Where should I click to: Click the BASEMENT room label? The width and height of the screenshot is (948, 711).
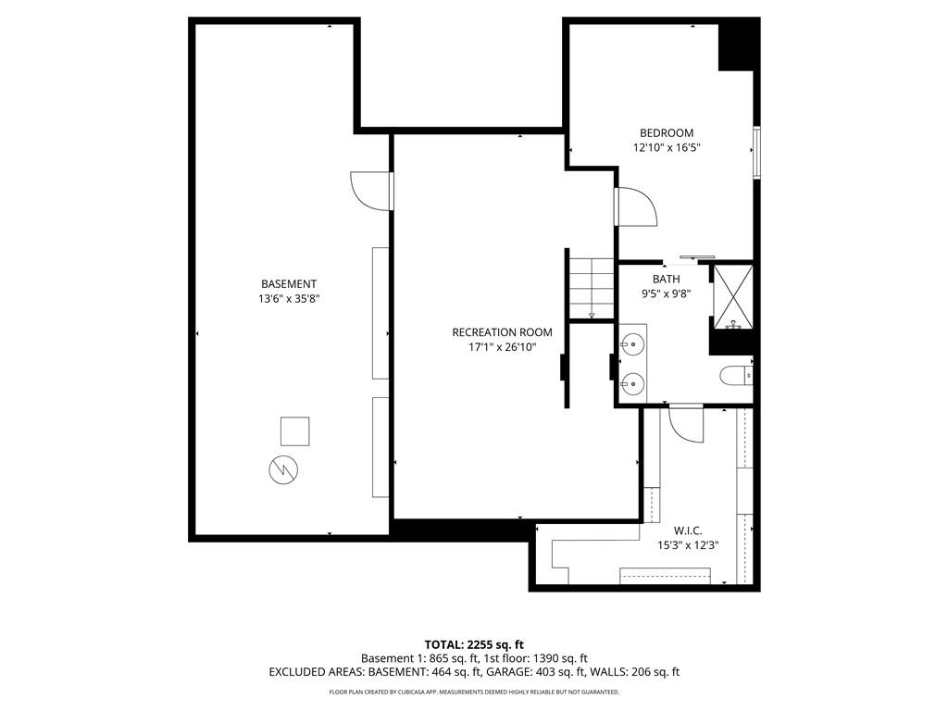pyautogui.click(x=289, y=284)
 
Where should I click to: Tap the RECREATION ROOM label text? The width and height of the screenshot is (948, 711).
pyautogui.click(x=502, y=332)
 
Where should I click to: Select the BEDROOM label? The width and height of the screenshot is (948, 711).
pyautogui.click(x=667, y=133)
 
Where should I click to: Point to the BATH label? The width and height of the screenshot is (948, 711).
pyautogui.click(x=666, y=280)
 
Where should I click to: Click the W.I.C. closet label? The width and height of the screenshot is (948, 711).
pyautogui.click(x=688, y=530)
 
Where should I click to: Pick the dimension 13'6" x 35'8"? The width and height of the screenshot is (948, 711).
pyautogui.click(x=289, y=299)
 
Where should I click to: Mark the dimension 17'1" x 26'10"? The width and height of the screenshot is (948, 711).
pyautogui.click(x=502, y=347)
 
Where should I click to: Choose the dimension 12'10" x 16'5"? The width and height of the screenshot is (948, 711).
pyautogui.click(x=667, y=147)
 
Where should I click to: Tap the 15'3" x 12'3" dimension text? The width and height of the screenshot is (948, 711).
pyautogui.click(x=688, y=545)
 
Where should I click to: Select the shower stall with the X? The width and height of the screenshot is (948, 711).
pyautogui.click(x=733, y=297)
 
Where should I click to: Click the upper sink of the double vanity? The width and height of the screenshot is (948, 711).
pyautogui.click(x=631, y=344)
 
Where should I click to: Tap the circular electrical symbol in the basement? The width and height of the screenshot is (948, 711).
pyautogui.click(x=283, y=469)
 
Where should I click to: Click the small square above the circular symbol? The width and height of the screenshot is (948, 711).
pyautogui.click(x=295, y=431)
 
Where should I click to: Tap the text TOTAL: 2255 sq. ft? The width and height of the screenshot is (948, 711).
pyautogui.click(x=474, y=644)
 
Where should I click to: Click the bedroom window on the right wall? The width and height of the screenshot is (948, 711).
pyautogui.click(x=756, y=153)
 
